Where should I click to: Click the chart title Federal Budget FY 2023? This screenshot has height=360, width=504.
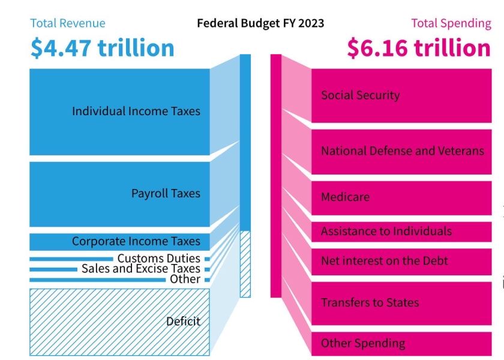coord(260,23)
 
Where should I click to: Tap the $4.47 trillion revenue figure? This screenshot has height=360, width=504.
coord(103,48)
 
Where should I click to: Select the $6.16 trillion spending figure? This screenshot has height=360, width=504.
coord(419,48)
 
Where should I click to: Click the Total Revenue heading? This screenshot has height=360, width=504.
coord(68,23)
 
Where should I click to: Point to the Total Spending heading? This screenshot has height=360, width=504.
coord(451,23)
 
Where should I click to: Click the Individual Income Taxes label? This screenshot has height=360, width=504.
coord(136,111)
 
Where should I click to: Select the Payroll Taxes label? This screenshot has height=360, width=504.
coord(166,193)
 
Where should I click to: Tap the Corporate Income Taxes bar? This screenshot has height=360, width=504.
coord(120,241)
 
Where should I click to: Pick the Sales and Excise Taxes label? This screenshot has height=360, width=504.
coord(140,269)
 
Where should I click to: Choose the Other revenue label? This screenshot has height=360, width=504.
coord(185,279)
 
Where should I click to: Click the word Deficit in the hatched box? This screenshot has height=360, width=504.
coord(183,321)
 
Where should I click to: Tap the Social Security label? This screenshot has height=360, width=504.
coord(360,95)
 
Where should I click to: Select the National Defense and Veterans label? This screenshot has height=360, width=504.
coord(402,151)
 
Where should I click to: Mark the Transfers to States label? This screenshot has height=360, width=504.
coord(370,302)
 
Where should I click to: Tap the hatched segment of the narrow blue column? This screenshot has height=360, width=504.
coord(245,264)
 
